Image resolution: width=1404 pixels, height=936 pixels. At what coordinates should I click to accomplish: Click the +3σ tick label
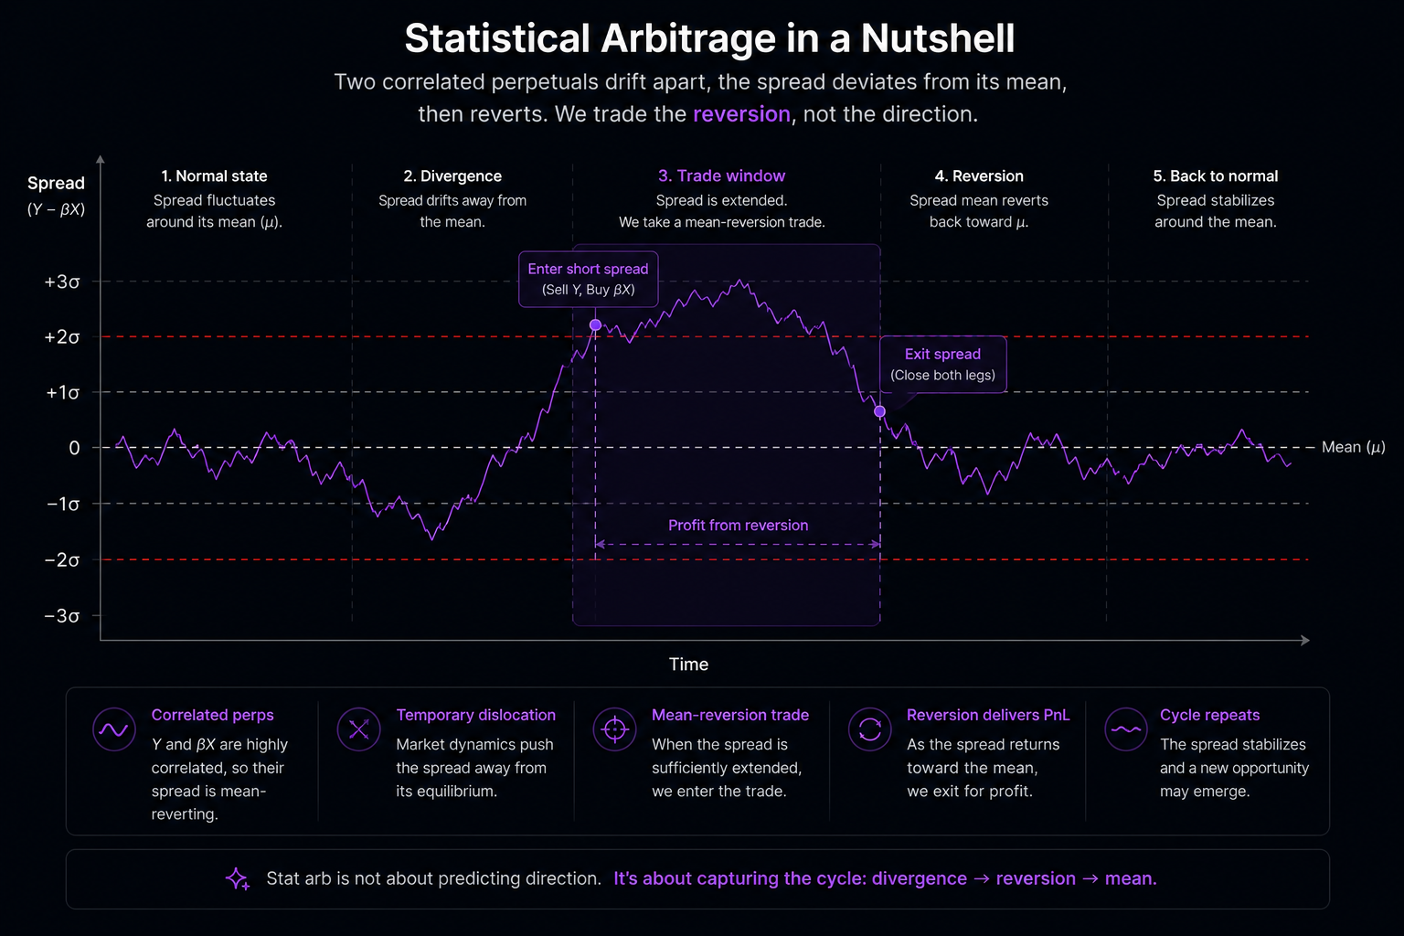[x=62, y=282]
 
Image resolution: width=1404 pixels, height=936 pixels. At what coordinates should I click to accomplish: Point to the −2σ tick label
[x=62, y=559]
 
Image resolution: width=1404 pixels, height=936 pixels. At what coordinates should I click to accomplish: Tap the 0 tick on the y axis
[x=74, y=448]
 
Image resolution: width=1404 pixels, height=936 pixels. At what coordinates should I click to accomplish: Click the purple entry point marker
[x=595, y=324]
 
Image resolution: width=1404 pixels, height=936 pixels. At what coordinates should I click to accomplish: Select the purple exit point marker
[x=880, y=411]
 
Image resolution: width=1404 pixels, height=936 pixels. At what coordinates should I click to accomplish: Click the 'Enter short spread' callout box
[x=589, y=279]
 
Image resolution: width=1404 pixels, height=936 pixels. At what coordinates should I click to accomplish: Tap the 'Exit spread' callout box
[x=942, y=364]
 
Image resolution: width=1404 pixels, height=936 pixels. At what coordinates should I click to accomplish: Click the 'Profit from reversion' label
[x=739, y=526]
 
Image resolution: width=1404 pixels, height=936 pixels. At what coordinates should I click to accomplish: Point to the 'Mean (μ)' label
[x=1353, y=447]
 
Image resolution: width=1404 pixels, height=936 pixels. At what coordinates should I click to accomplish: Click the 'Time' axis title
[x=688, y=664]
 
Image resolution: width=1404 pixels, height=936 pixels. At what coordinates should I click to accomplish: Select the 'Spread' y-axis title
[x=56, y=183]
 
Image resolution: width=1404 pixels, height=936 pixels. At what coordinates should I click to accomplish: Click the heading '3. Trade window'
[x=721, y=176]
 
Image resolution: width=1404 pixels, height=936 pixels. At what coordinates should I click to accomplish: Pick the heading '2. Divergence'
[x=452, y=176]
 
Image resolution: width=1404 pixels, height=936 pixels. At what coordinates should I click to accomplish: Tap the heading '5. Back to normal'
[x=1216, y=176]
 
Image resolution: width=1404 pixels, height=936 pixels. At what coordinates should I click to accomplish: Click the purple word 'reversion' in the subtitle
[x=741, y=114]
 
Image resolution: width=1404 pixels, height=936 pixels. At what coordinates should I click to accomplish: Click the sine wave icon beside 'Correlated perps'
[x=114, y=729]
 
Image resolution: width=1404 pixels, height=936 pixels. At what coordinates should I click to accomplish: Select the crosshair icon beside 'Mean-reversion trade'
[x=615, y=729]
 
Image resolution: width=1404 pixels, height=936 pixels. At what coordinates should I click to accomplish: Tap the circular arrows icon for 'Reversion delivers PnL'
[x=870, y=729]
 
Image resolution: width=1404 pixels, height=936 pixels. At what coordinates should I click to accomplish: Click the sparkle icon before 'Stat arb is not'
[x=238, y=879]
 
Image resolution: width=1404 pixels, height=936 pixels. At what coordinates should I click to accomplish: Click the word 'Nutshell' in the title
[x=938, y=38]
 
